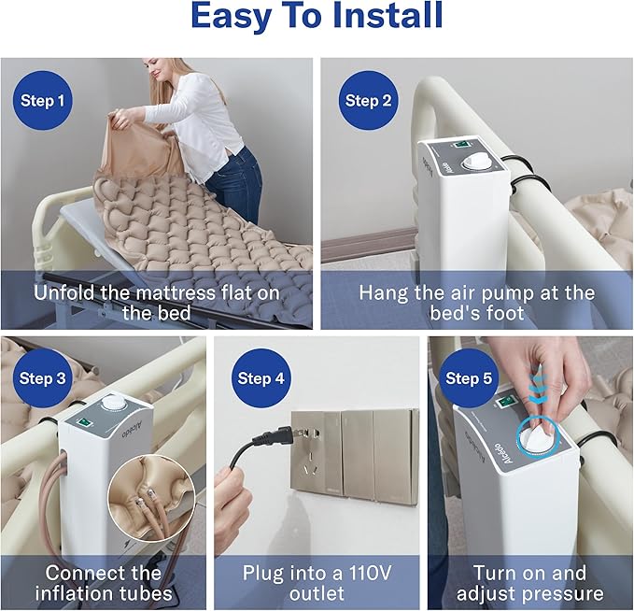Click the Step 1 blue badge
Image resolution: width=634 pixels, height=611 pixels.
click(x=42, y=101)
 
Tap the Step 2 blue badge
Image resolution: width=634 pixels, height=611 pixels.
click(x=368, y=101)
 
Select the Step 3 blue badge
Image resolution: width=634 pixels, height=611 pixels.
click(x=42, y=378)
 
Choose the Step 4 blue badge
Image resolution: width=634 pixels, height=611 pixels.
click(x=261, y=378)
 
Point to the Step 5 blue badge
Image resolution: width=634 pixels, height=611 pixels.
click(x=468, y=378)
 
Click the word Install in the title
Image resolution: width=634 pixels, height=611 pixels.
click(x=387, y=16)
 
